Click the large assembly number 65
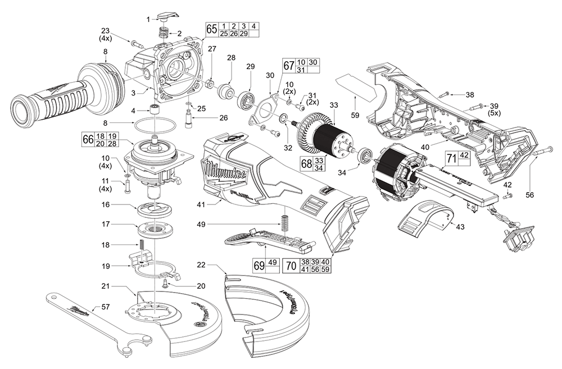point(211,29)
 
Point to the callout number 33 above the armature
point(334,104)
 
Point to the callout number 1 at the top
point(147,19)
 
